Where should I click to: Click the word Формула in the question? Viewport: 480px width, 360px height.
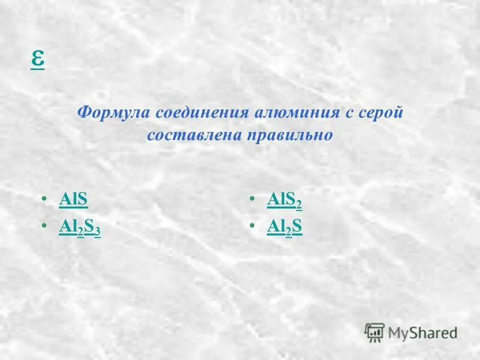pos(114,113)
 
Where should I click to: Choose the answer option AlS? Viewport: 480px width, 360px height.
pos(74,199)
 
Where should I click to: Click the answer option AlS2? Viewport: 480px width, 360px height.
pos(284,200)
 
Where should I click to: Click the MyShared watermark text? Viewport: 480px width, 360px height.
pos(422,332)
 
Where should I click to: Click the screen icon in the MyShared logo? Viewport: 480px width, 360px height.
pos(374,332)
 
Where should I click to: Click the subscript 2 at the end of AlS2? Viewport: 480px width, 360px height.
pos(299,205)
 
